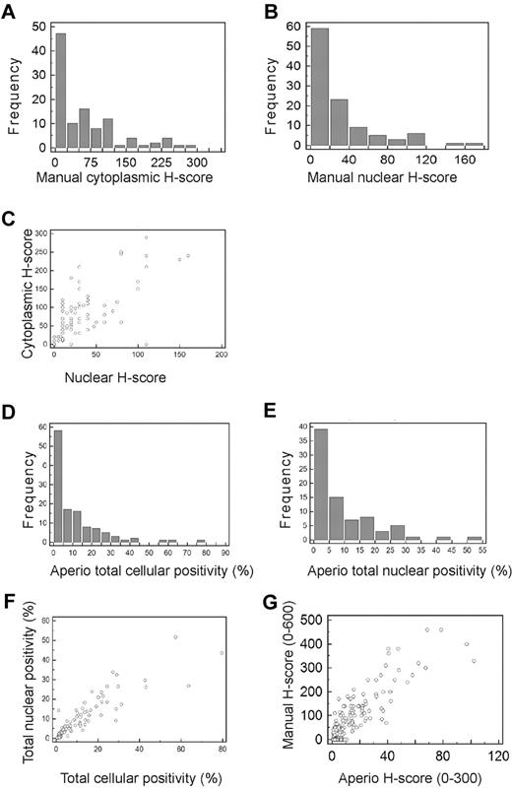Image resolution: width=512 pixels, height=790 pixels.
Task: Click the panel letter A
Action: [9, 13]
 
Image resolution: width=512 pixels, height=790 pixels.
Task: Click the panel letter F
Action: [9, 598]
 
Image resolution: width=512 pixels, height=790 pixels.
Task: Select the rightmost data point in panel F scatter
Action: [222, 681]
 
